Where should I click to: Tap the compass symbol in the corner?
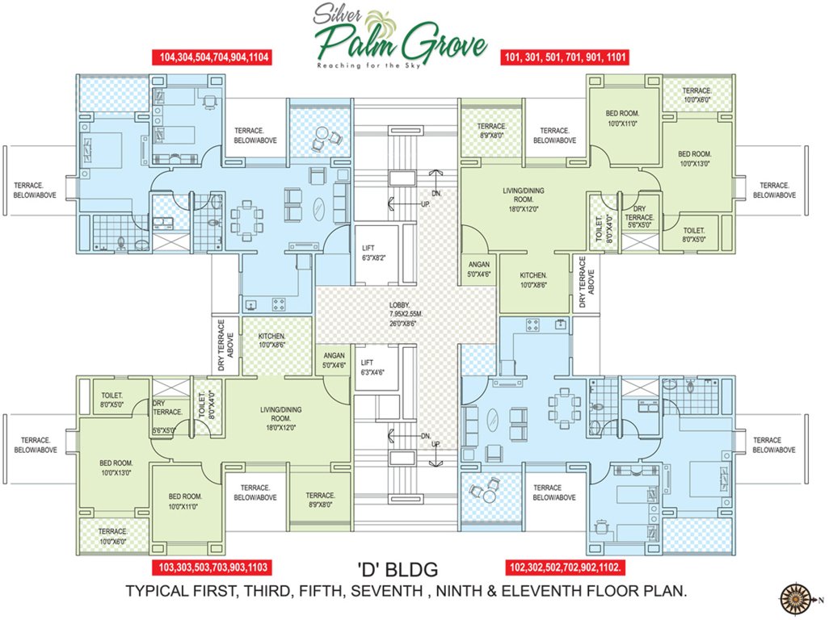click(797, 598)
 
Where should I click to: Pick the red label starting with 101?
click(566, 57)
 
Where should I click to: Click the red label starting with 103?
click(211, 566)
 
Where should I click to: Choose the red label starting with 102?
click(565, 566)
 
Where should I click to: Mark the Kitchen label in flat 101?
click(533, 280)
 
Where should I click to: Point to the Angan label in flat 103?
click(335, 360)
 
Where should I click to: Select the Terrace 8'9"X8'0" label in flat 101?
click(491, 131)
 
